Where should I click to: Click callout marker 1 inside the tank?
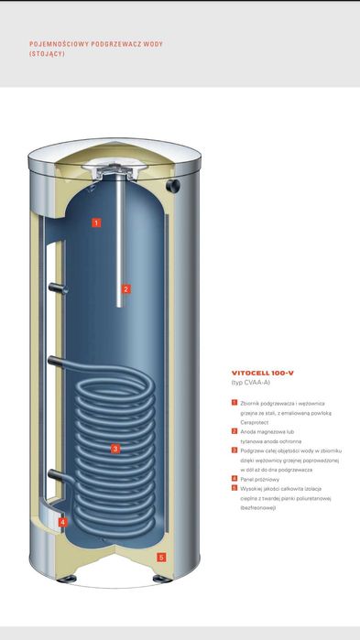(x=96, y=222)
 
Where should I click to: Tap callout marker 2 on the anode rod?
(x=126, y=289)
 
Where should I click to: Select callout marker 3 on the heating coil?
(x=115, y=449)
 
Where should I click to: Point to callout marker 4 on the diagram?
(x=62, y=523)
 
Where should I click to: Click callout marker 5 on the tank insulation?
(x=160, y=557)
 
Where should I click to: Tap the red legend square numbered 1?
(x=235, y=403)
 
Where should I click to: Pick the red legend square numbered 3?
(x=235, y=450)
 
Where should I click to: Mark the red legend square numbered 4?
(x=235, y=478)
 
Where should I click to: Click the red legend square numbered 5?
(x=235, y=488)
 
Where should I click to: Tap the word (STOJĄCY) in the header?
(x=47, y=54)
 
